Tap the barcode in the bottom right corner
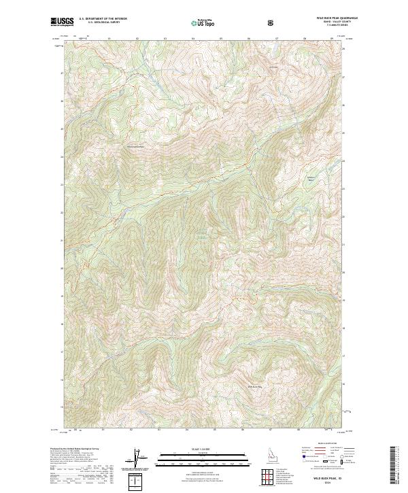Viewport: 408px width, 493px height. click(393, 465)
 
